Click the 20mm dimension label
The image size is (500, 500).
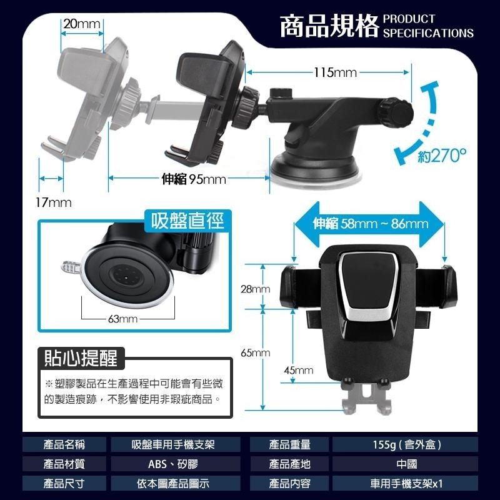click(82, 24)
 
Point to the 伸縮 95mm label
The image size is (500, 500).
click(194, 179)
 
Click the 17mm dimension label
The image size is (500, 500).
click(54, 203)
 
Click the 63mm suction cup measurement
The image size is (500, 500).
click(122, 319)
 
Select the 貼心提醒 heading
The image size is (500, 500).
click(81, 359)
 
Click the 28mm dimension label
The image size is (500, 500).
click(255, 289)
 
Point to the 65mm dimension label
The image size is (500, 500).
click(255, 353)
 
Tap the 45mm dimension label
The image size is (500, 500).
click(298, 371)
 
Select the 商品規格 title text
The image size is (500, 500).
click(329, 27)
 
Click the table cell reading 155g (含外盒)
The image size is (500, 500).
click(407, 445)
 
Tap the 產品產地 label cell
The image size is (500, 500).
click(290, 464)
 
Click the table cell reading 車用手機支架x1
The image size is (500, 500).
click(407, 483)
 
